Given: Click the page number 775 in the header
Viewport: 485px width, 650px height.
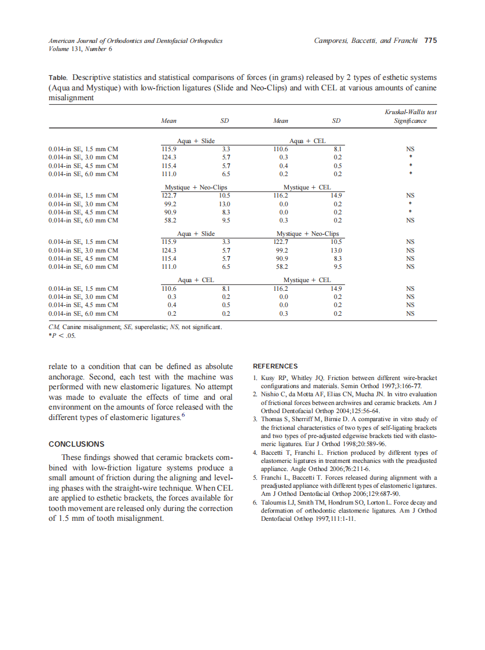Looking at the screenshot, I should (x=430, y=41).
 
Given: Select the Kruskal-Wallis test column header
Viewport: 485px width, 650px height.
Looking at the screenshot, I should (x=410, y=112).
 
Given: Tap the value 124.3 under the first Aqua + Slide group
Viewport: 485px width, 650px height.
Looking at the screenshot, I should (x=169, y=157).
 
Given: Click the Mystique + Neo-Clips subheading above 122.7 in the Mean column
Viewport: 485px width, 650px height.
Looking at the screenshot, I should (x=196, y=188).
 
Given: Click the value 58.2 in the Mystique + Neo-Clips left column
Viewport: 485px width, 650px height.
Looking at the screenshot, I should (x=170, y=220).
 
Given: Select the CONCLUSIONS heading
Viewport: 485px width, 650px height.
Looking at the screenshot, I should (x=76, y=444).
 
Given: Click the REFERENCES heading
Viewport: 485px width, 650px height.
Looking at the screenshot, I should (x=275, y=366).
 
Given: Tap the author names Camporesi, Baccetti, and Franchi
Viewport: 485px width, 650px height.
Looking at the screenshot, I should (x=366, y=41).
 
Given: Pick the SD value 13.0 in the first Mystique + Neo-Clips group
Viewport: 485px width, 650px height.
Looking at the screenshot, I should (x=225, y=204).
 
